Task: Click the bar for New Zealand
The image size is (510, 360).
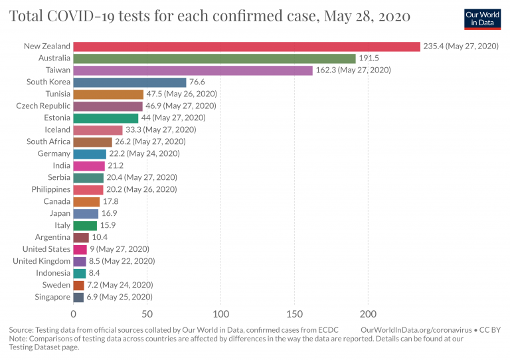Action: coord(246,46)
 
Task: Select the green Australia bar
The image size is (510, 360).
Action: coord(214,58)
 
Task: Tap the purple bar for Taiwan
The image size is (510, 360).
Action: coord(193,70)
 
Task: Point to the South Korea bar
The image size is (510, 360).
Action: coord(129,82)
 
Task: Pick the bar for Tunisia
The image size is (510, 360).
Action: coord(108,94)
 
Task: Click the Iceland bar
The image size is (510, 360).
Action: coord(98,130)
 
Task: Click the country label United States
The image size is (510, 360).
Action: coord(46,249)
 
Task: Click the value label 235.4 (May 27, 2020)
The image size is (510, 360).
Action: coord(460,46)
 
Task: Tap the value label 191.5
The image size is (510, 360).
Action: coord(369,58)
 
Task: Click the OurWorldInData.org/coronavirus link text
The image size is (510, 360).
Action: coord(410,329)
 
